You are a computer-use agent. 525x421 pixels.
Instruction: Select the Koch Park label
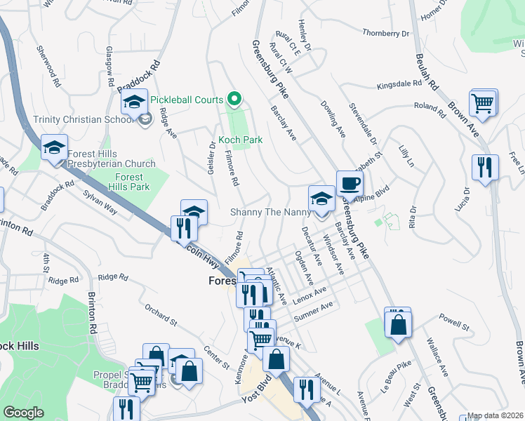pyautogui.click(x=240, y=140)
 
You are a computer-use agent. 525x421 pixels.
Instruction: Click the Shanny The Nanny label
pyautogui.click(x=268, y=212)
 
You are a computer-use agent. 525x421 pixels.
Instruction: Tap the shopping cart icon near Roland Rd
pyautogui.click(x=484, y=102)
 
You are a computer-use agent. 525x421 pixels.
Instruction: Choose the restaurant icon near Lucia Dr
pyautogui.click(x=485, y=168)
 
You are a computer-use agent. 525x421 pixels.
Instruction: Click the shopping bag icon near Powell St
pyautogui.click(x=398, y=323)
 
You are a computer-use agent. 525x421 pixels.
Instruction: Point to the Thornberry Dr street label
pyautogui.click(x=385, y=33)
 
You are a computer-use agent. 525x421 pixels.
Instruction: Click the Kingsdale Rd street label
pyautogui.click(x=399, y=83)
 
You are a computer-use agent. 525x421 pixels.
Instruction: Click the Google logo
pyautogui.click(x=23, y=413)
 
